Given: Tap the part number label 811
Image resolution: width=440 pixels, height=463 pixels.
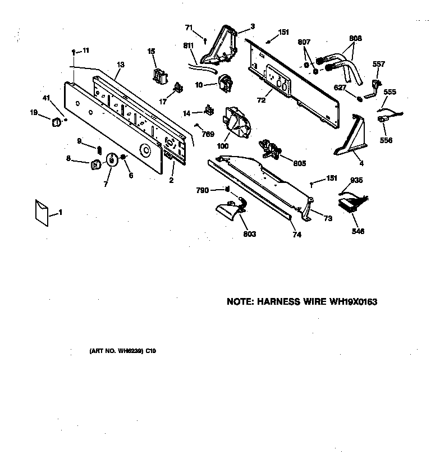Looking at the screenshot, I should (188, 46).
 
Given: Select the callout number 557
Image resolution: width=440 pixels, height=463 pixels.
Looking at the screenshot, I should (379, 64).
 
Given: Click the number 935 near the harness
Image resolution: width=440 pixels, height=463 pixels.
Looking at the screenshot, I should (356, 180).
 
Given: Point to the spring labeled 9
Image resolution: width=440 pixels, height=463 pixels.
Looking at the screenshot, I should (99, 149).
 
